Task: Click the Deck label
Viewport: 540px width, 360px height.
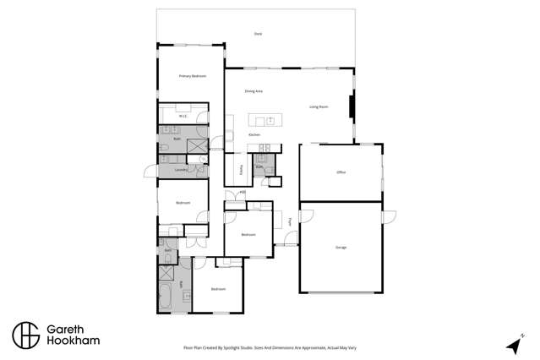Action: tap(258, 34)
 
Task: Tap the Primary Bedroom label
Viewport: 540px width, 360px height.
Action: tap(193, 76)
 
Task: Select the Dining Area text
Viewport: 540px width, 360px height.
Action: tap(254, 90)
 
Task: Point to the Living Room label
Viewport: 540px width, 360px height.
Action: tap(318, 106)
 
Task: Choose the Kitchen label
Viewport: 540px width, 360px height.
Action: tap(254, 135)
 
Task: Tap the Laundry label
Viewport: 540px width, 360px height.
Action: tap(180, 170)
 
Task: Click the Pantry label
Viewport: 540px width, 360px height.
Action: tap(241, 169)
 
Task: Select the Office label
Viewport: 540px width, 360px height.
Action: tap(341, 172)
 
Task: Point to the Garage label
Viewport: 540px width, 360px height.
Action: tap(341, 248)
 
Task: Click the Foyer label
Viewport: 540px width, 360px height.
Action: tap(290, 222)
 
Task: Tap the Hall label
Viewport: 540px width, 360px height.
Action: tap(243, 193)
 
